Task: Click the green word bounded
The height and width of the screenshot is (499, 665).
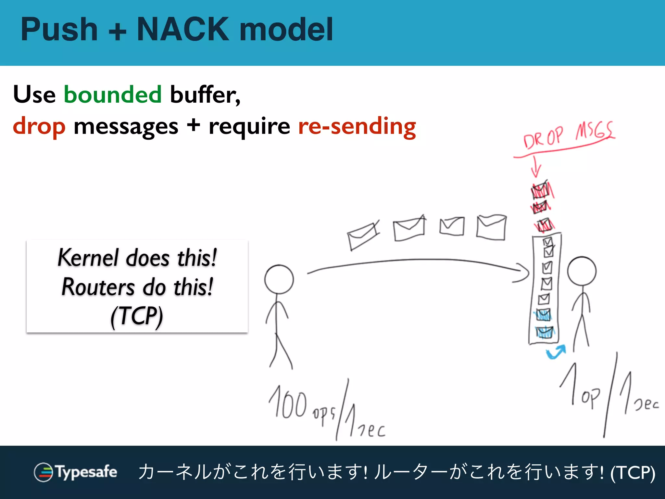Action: point(113,95)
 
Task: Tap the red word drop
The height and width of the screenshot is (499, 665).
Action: point(39,126)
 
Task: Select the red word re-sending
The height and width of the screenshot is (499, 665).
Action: point(357,126)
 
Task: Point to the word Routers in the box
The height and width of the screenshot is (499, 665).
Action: point(98,287)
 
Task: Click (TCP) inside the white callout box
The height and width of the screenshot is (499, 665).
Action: point(137,316)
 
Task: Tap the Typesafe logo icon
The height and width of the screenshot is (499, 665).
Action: point(44,472)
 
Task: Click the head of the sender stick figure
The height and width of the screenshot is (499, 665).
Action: point(279,279)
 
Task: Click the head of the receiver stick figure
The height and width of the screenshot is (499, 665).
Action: point(582,271)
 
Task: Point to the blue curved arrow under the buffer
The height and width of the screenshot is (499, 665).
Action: point(556,352)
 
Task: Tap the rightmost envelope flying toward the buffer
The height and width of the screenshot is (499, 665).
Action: point(491,227)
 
